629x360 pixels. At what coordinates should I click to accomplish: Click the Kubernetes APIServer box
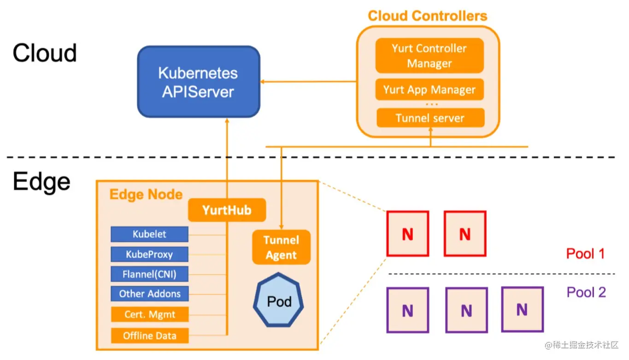(199, 82)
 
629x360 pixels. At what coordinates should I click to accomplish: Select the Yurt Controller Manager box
(429, 56)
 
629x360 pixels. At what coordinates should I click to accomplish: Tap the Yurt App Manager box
(429, 89)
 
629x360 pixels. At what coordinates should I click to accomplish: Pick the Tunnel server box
(430, 118)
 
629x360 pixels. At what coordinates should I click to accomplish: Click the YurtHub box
(227, 210)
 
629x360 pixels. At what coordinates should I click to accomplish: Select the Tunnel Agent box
(281, 248)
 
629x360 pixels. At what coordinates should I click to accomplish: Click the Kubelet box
(149, 234)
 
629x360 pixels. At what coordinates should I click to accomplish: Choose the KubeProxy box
(149, 254)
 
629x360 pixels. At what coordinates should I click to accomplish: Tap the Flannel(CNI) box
(149, 274)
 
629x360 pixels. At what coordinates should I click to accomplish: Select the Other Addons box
(149, 294)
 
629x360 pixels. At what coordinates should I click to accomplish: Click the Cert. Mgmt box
(149, 315)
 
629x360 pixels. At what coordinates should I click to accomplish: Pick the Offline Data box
(149, 336)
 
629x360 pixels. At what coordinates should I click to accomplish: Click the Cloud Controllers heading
(427, 16)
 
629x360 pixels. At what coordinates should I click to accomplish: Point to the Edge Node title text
(146, 195)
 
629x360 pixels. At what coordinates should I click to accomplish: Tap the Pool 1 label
(585, 254)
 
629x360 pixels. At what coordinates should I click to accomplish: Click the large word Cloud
(44, 53)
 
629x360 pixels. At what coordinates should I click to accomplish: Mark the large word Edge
(41, 182)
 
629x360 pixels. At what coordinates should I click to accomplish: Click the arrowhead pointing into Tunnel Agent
(281, 227)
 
